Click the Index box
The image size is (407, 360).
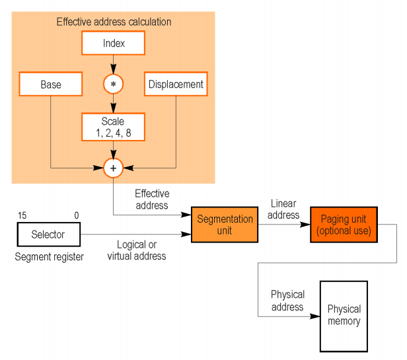[114, 44]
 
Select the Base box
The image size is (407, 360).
[50, 85]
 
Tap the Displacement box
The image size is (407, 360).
[175, 85]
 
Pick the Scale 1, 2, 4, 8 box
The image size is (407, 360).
[112, 126]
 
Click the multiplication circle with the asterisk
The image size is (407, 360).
[114, 85]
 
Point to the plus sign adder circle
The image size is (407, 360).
[113, 168]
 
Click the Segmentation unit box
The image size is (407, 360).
[225, 225]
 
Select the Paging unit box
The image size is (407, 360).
[344, 225]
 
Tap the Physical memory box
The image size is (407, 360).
[344, 316]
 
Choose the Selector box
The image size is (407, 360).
[48, 234]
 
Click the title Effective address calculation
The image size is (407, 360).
[114, 22]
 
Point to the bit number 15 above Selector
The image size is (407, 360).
[22, 215]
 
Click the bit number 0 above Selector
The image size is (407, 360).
[76, 215]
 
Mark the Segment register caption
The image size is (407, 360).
[50, 257]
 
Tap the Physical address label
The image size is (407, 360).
[287, 301]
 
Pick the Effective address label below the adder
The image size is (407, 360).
[152, 199]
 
